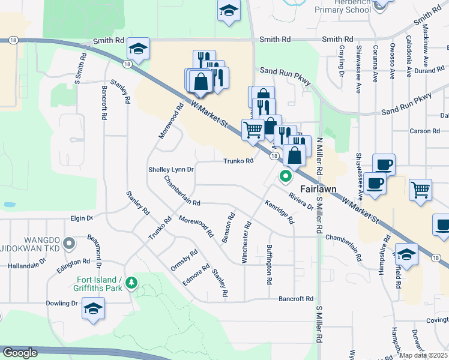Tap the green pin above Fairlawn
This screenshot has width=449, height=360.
[x=286, y=177]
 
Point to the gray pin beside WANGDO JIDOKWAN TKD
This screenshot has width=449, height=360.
[x=69, y=244]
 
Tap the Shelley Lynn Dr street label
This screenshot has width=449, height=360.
[x=171, y=170]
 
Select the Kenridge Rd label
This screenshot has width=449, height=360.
[x=280, y=211]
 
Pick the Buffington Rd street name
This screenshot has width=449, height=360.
[x=270, y=265]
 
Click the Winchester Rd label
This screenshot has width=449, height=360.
[x=245, y=241]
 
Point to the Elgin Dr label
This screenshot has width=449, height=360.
[x=82, y=218]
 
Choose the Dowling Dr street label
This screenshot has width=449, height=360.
[x=62, y=303]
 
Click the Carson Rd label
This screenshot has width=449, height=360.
[x=424, y=131]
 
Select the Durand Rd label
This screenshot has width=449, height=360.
[x=429, y=70]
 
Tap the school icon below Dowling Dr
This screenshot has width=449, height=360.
[x=93, y=310]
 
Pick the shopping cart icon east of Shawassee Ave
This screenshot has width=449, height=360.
[x=420, y=190]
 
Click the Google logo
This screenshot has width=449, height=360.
[x=20, y=353]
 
